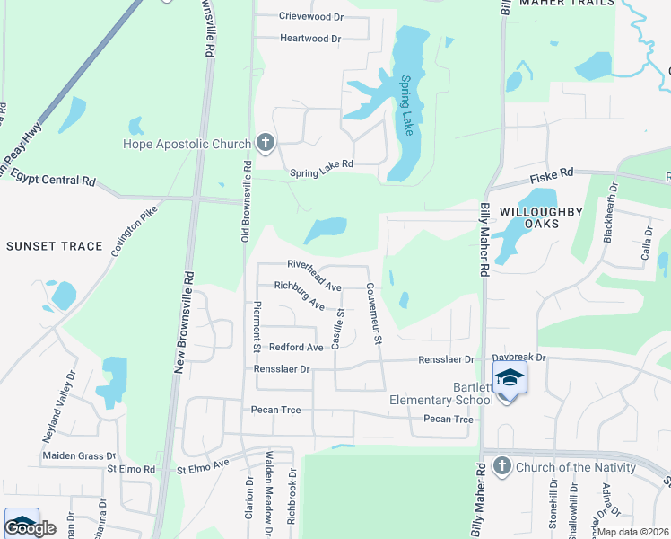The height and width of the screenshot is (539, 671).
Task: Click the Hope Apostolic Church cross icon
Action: click(x=265, y=144)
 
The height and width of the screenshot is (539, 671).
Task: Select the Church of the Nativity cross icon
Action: click(x=501, y=466)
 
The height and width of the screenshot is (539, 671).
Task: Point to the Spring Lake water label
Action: click(x=407, y=105)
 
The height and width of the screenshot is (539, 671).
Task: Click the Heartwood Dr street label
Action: click(x=310, y=39)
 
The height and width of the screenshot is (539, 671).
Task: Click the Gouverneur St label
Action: click(x=374, y=314)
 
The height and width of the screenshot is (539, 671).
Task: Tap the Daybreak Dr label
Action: click(x=518, y=358)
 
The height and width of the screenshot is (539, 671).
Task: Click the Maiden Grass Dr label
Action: click(x=79, y=456)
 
